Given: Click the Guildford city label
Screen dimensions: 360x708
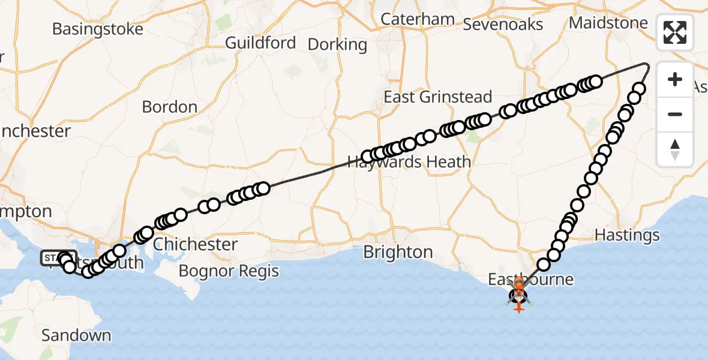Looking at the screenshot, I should pos(260,43).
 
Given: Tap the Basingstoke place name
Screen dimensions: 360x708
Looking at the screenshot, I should pos(98,29).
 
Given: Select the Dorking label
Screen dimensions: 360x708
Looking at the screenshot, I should pos(337,44).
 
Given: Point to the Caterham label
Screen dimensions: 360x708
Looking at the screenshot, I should pos(418,19).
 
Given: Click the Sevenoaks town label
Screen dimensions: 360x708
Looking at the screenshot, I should pos(503,24).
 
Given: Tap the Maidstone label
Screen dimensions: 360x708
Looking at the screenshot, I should pos(608,23).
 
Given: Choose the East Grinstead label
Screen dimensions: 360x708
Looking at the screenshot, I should pos(438,97).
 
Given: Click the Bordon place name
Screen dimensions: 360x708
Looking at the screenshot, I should pos(170,107).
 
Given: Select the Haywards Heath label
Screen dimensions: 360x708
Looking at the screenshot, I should pos(409,162).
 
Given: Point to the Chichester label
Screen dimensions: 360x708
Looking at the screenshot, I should pos(195,244).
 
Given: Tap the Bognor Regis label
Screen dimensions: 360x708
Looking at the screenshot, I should pos(229,271).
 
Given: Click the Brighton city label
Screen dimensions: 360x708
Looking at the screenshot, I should pos(398,252).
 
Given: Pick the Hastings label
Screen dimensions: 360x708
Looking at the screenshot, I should pos(627,235).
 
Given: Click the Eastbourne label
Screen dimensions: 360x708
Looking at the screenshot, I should pos(530,279).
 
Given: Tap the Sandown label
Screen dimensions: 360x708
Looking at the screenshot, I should pos(76,335).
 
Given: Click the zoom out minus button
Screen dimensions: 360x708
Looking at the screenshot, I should pos(675,114).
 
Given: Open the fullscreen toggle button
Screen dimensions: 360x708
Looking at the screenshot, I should pos(675,32).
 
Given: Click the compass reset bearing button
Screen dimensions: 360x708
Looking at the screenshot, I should pos(675,149).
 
